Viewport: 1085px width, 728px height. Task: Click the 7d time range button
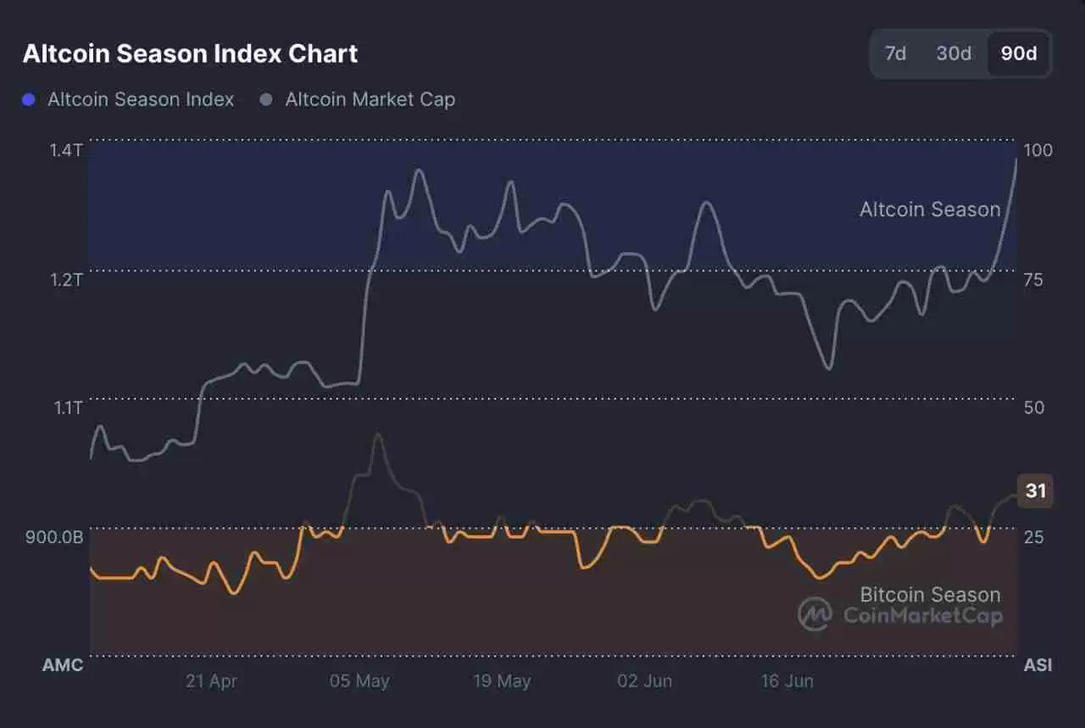[895, 53]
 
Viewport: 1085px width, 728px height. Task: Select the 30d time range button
[954, 53]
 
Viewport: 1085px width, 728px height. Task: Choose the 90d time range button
[1019, 53]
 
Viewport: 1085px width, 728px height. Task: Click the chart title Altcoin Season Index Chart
[190, 53]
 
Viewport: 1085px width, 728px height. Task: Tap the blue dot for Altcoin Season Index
[29, 100]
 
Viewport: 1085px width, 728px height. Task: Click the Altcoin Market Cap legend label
[370, 99]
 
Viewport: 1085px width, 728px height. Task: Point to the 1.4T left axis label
[66, 150]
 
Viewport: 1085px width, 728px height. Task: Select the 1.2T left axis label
[66, 279]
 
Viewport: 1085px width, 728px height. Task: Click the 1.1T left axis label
[66, 408]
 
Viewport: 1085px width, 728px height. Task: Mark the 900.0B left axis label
[54, 537]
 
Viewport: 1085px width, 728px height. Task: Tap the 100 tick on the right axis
[1038, 150]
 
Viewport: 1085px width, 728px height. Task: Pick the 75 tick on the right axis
[1034, 279]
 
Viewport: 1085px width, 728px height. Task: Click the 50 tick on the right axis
[1034, 408]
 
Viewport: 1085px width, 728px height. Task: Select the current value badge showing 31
[1035, 490]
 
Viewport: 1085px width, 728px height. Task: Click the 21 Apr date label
[211, 681]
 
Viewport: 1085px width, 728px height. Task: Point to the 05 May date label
[359, 681]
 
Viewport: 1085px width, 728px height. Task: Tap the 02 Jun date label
[645, 681]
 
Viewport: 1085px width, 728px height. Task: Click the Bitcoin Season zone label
[930, 594]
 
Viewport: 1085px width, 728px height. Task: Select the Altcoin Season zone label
[930, 209]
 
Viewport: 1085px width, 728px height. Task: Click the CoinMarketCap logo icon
[815, 614]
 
